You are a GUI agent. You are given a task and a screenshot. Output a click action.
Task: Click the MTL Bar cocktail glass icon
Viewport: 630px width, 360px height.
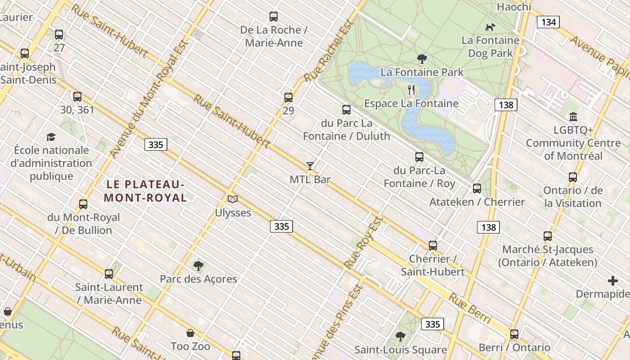click(310, 166)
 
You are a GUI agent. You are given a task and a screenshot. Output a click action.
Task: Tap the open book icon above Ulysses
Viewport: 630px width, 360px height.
click(233, 199)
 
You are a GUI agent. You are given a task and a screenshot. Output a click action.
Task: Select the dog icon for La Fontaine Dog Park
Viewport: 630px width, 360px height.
click(490, 27)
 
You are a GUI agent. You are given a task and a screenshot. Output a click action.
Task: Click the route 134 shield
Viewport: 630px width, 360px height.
click(548, 22)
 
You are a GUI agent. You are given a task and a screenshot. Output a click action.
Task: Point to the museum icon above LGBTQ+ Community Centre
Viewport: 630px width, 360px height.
click(573, 117)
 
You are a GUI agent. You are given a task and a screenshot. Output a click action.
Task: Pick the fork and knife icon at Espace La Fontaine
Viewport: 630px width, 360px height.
click(411, 90)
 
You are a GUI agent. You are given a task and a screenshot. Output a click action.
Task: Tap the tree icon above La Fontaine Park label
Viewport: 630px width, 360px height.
click(422, 58)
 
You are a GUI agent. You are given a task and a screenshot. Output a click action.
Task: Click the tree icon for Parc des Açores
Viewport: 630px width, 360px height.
click(198, 265)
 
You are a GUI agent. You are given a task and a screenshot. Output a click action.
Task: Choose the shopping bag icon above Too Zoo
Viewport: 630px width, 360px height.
click(190, 333)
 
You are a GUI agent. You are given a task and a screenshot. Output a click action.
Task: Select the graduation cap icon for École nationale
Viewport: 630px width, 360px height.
click(51, 137)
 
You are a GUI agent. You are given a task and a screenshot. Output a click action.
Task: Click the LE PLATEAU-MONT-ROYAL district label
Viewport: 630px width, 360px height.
click(145, 191)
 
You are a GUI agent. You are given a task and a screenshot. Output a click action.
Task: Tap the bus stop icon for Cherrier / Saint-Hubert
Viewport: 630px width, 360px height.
click(433, 246)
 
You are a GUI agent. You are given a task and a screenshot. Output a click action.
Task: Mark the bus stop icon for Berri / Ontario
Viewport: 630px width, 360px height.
click(514, 334)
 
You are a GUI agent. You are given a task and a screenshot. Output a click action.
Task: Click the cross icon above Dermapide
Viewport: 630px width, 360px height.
click(613, 281)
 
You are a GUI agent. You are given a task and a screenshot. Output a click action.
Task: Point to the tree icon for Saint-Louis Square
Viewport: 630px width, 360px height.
click(400, 336)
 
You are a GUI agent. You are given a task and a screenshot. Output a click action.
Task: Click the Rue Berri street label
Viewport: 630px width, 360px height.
click(470, 310)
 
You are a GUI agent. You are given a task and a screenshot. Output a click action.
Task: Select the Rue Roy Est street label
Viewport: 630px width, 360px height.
click(364, 242)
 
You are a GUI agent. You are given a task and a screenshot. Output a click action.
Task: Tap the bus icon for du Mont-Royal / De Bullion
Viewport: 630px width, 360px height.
click(83, 204)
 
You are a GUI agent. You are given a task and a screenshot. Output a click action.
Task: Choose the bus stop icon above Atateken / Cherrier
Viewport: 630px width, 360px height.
click(477, 189)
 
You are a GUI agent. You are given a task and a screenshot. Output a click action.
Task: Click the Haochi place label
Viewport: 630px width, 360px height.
click(514, 7)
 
